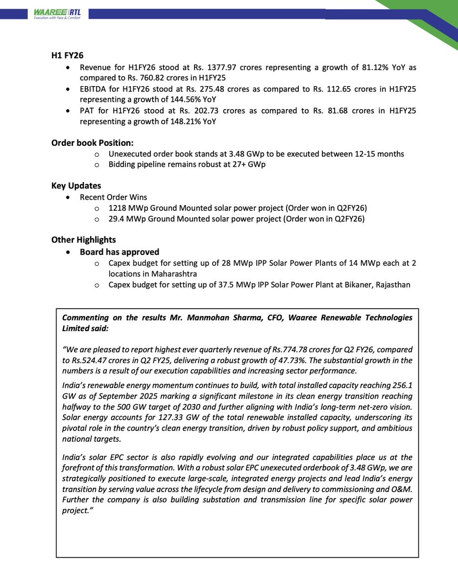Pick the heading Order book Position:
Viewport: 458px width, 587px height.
pos(92,143)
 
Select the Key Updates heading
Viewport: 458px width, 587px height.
pos(76,186)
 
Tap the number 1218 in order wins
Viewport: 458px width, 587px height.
pos(117,207)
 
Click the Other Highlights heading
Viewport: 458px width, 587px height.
pos(83,240)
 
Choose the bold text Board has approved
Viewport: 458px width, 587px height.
pos(120,252)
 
